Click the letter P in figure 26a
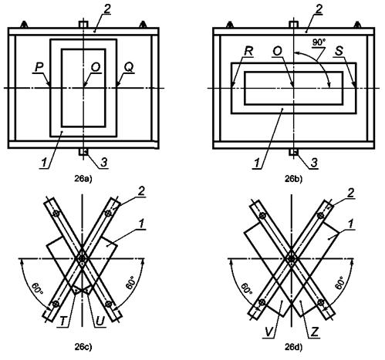[39, 67]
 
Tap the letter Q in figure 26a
[129, 67]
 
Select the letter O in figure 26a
[96, 67]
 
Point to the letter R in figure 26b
[248, 51]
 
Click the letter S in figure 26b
[339, 51]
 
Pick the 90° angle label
[319, 42]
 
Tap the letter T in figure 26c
[63, 321]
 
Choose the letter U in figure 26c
[100, 321]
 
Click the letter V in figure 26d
[268, 332]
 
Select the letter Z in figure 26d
[314, 332]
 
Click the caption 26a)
[83, 179]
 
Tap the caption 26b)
[293, 179]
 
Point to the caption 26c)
[83, 348]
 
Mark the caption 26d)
[293, 348]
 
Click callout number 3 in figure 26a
[103, 163]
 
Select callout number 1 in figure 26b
[256, 163]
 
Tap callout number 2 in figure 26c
[141, 191]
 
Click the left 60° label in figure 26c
[37, 289]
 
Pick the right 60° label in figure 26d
[339, 283]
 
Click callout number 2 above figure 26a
[107, 9]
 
